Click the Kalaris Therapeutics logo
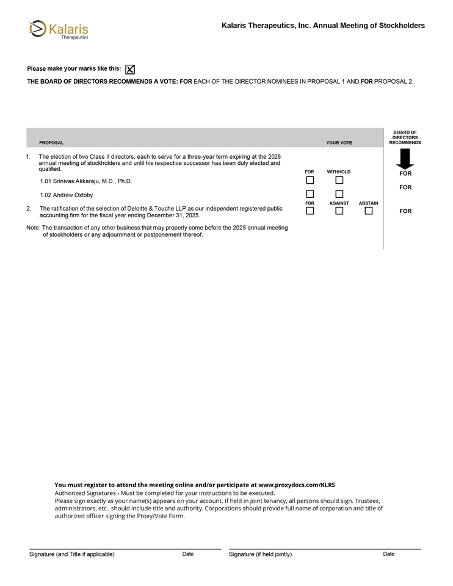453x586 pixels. click(59, 29)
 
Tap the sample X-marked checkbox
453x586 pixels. click(130, 70)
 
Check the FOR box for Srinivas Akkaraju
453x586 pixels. click(310, 180)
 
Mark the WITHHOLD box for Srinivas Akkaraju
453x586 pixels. click(339, 180)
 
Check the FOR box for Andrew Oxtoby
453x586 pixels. click(310, 194)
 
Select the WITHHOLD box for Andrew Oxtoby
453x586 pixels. click(339, 194)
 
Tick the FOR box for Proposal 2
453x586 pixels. click(310, 211)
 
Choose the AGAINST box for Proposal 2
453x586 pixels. click(339, 211)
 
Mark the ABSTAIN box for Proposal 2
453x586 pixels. click(368, 211)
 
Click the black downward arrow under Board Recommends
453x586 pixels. click(405, 159)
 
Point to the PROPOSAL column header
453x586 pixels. click(51, 143)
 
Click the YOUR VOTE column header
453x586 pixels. click(339, 143)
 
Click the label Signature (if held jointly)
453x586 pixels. click(260, 554)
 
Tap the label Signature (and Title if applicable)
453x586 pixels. click(72, 554)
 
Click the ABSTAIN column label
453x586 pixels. click(368, 203)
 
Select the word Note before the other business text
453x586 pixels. click(33, 228)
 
